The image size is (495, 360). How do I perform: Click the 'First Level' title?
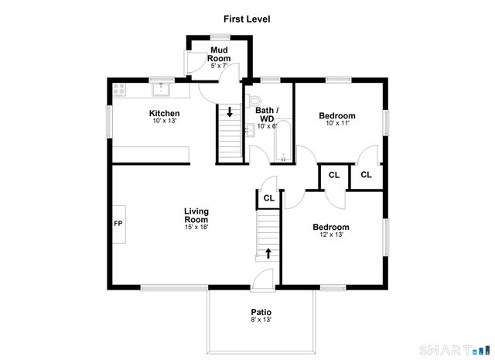(x=247, y=19)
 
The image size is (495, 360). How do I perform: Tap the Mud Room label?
(x=220, y=54)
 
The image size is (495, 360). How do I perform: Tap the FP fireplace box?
(x=118, y=224)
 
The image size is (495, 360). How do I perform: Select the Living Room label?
(x=196, y=214)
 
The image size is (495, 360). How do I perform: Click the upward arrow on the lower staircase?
(x=269, y=252)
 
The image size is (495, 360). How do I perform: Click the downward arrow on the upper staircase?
(x=230, y=111)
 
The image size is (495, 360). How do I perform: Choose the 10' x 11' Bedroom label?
(x=337, y=116)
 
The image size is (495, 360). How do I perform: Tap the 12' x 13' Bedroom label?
(x=331, y=227)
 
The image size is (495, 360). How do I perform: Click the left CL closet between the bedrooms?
(x=333, y=175)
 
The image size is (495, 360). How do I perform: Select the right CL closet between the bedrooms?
(x=366, y=175)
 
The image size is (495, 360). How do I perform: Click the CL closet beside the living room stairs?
(x=268, y=198)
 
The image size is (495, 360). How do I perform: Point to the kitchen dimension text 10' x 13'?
(x=164, y=122)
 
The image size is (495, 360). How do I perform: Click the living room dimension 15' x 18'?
(x=196, y=227)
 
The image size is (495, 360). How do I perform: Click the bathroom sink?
(x=249, y=134)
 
